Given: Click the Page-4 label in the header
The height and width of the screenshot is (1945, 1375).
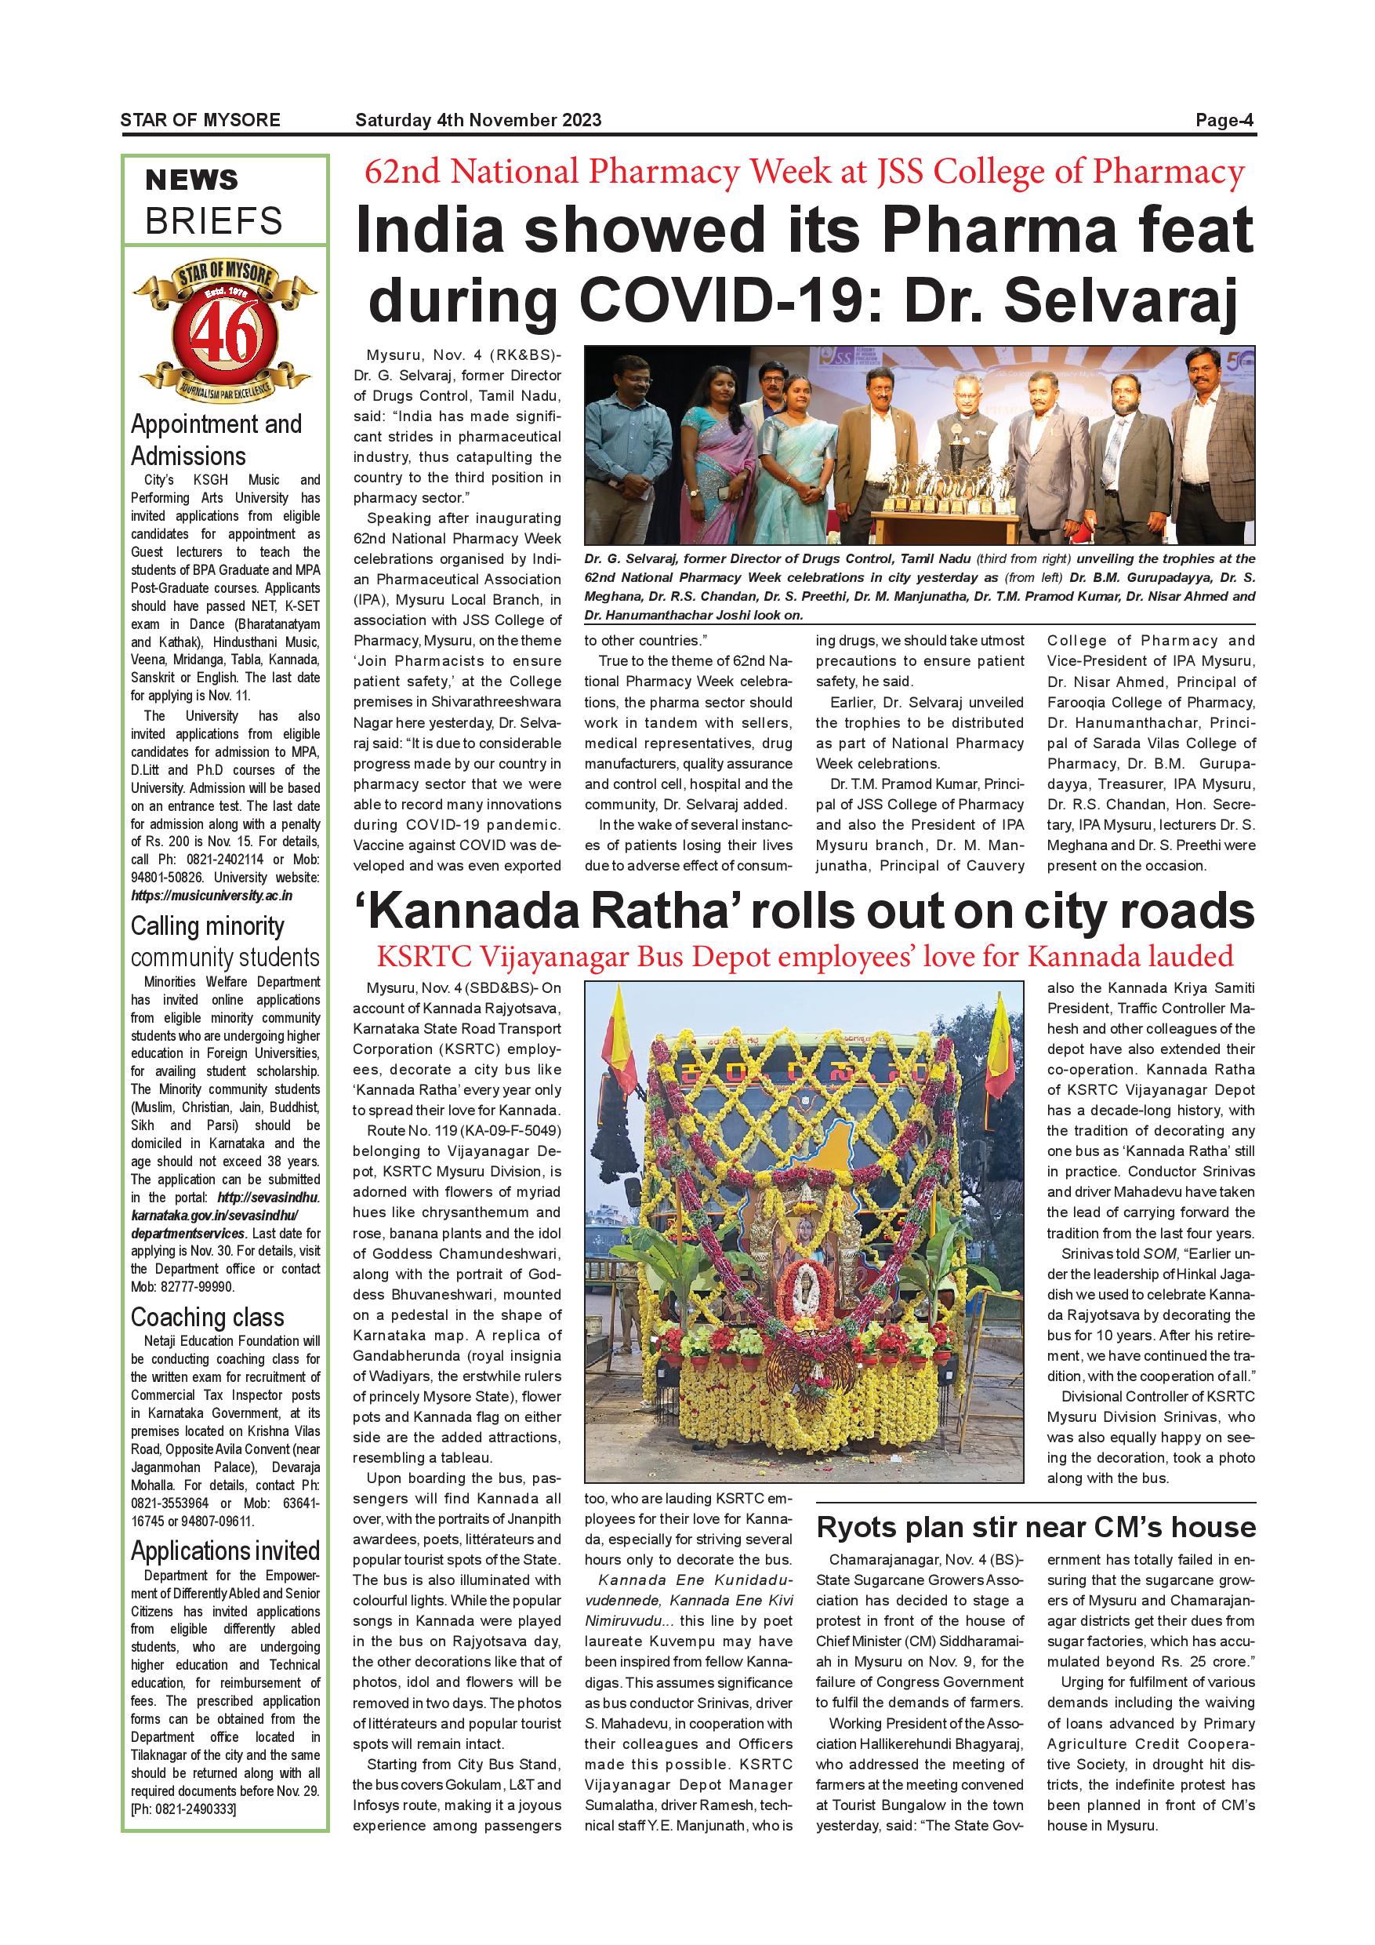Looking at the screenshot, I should [1224, 120].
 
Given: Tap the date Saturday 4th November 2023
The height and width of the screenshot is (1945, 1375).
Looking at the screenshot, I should [478, 120].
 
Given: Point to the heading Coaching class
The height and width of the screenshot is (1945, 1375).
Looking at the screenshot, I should [208, 1318].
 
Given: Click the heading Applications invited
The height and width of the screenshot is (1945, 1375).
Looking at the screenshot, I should [225, 1551].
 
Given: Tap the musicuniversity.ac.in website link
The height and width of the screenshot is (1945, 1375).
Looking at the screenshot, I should [212, 896].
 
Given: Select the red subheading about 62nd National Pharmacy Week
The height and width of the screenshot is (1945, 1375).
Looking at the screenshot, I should [804, 173].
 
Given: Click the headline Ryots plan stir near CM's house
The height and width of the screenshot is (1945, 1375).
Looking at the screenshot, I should [1036, 1527].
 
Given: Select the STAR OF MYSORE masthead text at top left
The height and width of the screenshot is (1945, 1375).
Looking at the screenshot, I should [200, 120].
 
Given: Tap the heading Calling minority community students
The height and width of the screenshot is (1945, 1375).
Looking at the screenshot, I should [224, 941].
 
